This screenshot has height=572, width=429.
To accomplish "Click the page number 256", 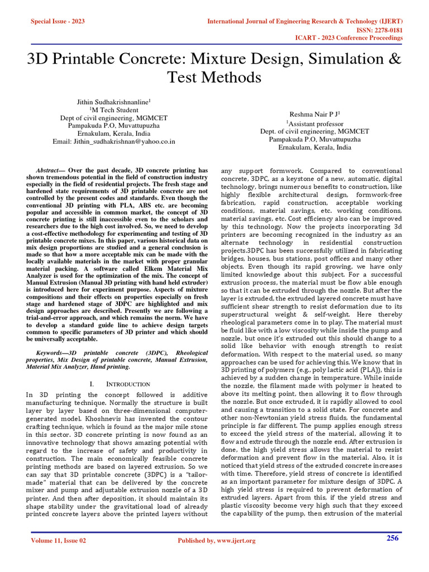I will pos(393,538).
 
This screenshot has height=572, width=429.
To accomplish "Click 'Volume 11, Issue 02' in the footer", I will pos(59,541).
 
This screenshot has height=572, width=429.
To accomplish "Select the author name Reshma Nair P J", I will pos(314,113).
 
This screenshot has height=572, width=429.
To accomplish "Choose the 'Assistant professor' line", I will pos(314,123).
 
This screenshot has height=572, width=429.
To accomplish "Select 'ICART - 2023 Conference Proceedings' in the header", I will pos(349,38).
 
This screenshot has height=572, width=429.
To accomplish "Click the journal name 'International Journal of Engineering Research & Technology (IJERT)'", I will pos(305,21).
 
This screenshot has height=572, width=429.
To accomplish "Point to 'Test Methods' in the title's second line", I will pos(214,77).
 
